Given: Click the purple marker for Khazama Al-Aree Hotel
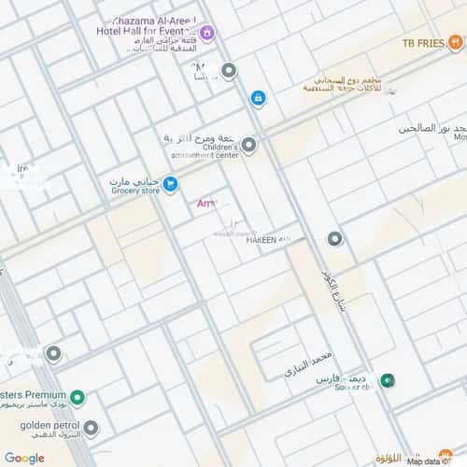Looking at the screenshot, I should (207, 35).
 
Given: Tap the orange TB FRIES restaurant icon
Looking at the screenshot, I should (455, 42).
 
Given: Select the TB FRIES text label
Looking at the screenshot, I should (421, 43).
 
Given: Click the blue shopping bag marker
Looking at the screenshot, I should (258, 98).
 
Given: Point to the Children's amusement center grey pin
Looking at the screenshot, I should (249, 145).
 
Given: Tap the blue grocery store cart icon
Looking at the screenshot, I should (170, 184).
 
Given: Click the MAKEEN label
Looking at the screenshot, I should (262, 240).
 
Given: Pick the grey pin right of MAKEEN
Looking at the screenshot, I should (334, 238).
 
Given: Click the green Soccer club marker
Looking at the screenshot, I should (387, 380).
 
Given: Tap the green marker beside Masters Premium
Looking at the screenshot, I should (78, 399).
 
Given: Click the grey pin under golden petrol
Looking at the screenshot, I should (91, 429).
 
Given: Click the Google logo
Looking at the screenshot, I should (24, 458).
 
